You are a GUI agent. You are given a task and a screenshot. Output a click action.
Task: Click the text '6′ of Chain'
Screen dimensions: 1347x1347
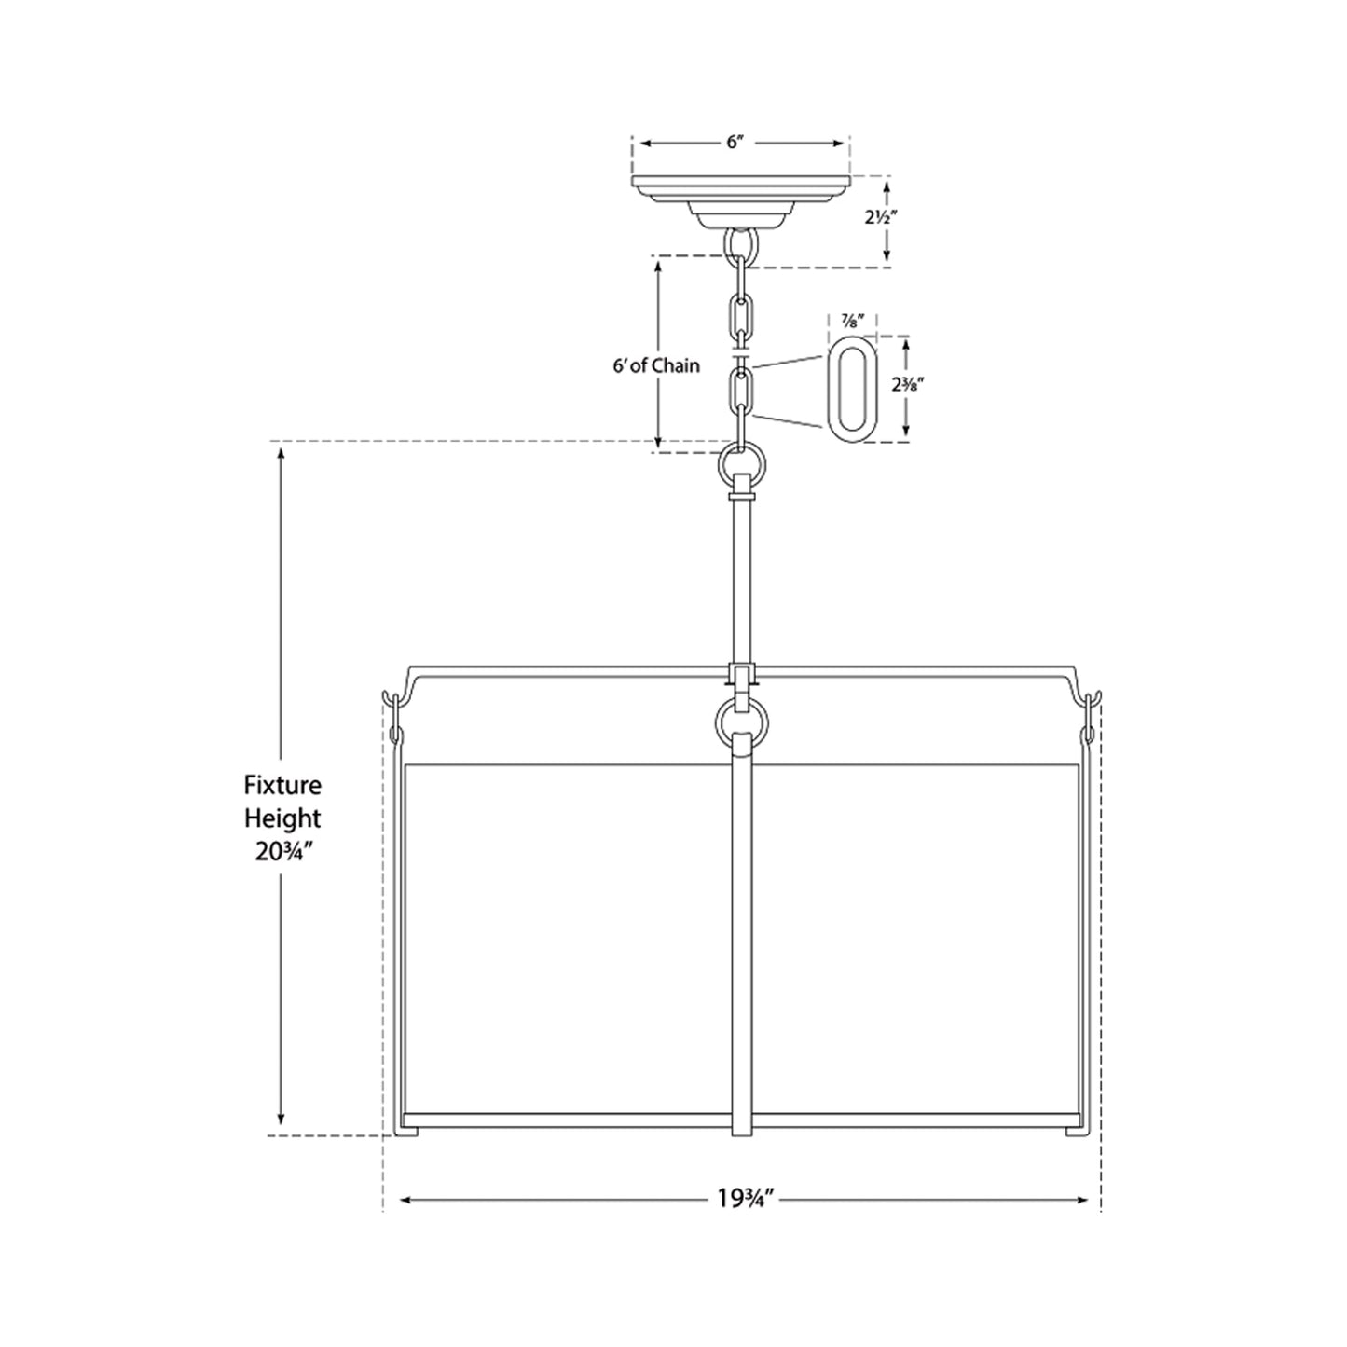(x=655, y=365)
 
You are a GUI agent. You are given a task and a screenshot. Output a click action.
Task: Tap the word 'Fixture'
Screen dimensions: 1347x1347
(x=282, y=786)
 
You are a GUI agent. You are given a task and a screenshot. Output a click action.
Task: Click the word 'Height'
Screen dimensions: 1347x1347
(x=282, y=818)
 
